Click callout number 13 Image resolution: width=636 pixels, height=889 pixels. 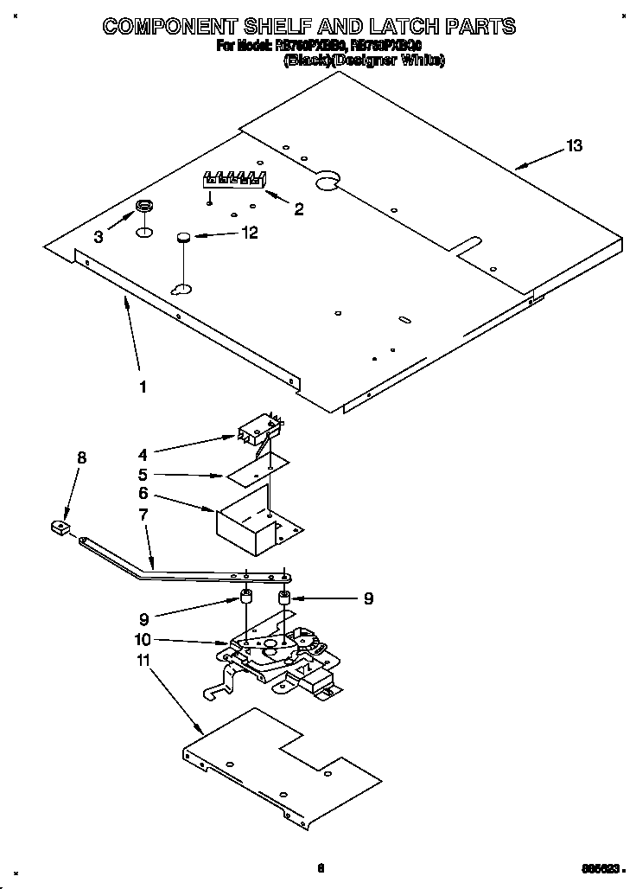(573, 146)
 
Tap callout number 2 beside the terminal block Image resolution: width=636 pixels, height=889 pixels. (298, 208)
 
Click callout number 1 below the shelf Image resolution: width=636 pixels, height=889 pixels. (143, 387)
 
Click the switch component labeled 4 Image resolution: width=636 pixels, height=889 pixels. (256, 429)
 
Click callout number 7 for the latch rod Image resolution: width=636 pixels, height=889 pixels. (143, 515)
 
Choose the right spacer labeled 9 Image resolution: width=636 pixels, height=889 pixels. (284, 598)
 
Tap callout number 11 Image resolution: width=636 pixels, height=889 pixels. (143, 661)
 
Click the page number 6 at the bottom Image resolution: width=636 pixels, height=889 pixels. (320, 868)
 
